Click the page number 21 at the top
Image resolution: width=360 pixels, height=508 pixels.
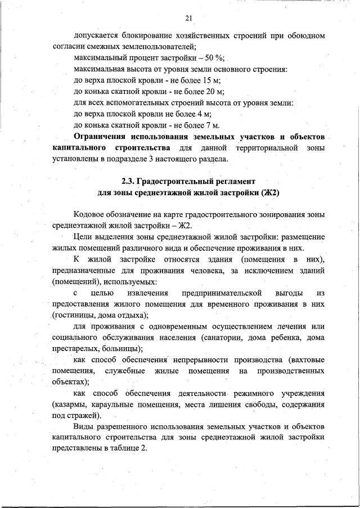[x=188, y=19]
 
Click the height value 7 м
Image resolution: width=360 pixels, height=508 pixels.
[x=211, y=125]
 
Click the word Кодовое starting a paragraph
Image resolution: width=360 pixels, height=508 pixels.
[x=90, y=215]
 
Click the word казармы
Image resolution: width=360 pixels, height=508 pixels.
[x=70, y=404]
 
